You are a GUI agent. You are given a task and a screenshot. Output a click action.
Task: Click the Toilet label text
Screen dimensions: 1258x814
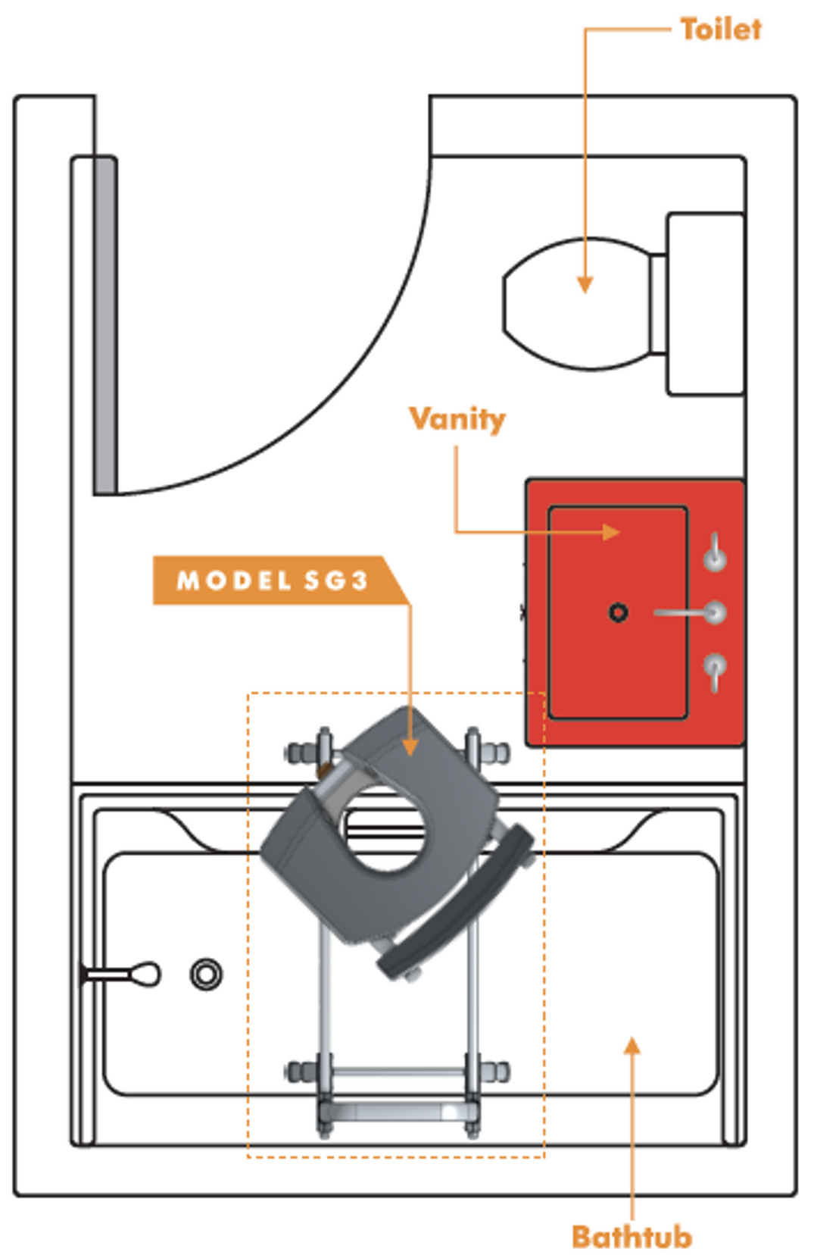(x=720, y=30)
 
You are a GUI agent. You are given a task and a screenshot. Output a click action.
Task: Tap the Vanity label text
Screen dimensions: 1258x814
(x=457, y=418)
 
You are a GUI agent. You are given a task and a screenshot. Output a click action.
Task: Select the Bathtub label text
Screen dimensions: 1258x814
(x=632, y=1237)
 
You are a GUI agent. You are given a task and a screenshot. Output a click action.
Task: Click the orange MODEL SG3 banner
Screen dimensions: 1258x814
(x=273, y=580)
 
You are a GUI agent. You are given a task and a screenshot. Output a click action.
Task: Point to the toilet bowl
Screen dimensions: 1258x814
(x=575, y=303)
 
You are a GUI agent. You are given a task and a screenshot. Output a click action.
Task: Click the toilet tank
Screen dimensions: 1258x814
(x=704, y=304)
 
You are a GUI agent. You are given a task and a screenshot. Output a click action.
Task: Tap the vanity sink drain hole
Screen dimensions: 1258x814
(x=619, y=612)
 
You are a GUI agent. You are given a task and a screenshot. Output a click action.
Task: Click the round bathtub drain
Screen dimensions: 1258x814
(x=206, y=974)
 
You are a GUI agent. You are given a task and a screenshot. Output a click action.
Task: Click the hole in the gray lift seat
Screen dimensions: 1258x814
(x=386, y=830)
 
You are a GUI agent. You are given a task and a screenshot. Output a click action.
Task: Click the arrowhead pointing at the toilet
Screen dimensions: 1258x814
(x=585, y=285)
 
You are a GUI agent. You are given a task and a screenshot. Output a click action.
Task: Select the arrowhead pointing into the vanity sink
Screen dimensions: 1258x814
(x=612, y=532)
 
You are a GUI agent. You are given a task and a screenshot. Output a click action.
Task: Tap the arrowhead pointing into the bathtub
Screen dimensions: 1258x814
(x=632, y=1046)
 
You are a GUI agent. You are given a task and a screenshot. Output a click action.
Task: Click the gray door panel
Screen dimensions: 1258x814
(x=105, y=326)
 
